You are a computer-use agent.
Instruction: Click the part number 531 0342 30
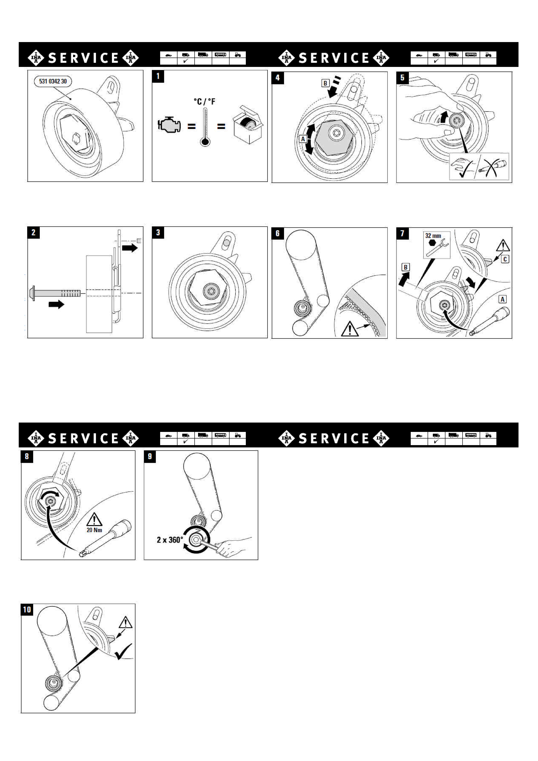[53, 81]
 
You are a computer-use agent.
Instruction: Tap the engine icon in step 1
[169, 125]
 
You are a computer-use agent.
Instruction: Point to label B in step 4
[325, 83]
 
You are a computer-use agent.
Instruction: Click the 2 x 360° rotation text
[170, 540]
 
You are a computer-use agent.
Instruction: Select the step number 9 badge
[150, 456]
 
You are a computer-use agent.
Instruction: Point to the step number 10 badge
[27, 610]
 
